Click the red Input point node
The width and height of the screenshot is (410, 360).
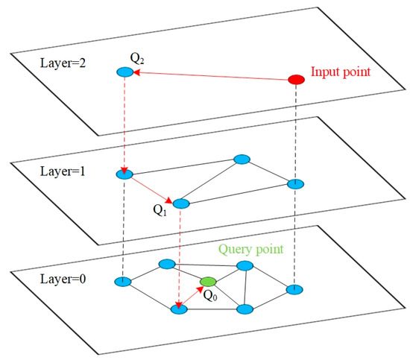pos(296,80)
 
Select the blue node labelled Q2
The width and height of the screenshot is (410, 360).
pos(124,72)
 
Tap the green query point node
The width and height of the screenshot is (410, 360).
pos(208,282)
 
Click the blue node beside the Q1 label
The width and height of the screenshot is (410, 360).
pos(181,203)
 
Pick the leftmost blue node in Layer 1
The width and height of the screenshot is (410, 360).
pos(124,174)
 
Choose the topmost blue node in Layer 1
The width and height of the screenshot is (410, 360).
pos(241,159)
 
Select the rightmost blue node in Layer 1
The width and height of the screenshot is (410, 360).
pos(296,183)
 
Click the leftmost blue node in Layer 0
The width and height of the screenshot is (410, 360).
pos(124,282)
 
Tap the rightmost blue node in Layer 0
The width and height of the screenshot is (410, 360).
pos(296,288)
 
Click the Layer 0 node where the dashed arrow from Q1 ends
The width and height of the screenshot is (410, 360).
pos(179,307)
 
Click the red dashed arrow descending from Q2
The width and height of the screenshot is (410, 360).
pos(124,123)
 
